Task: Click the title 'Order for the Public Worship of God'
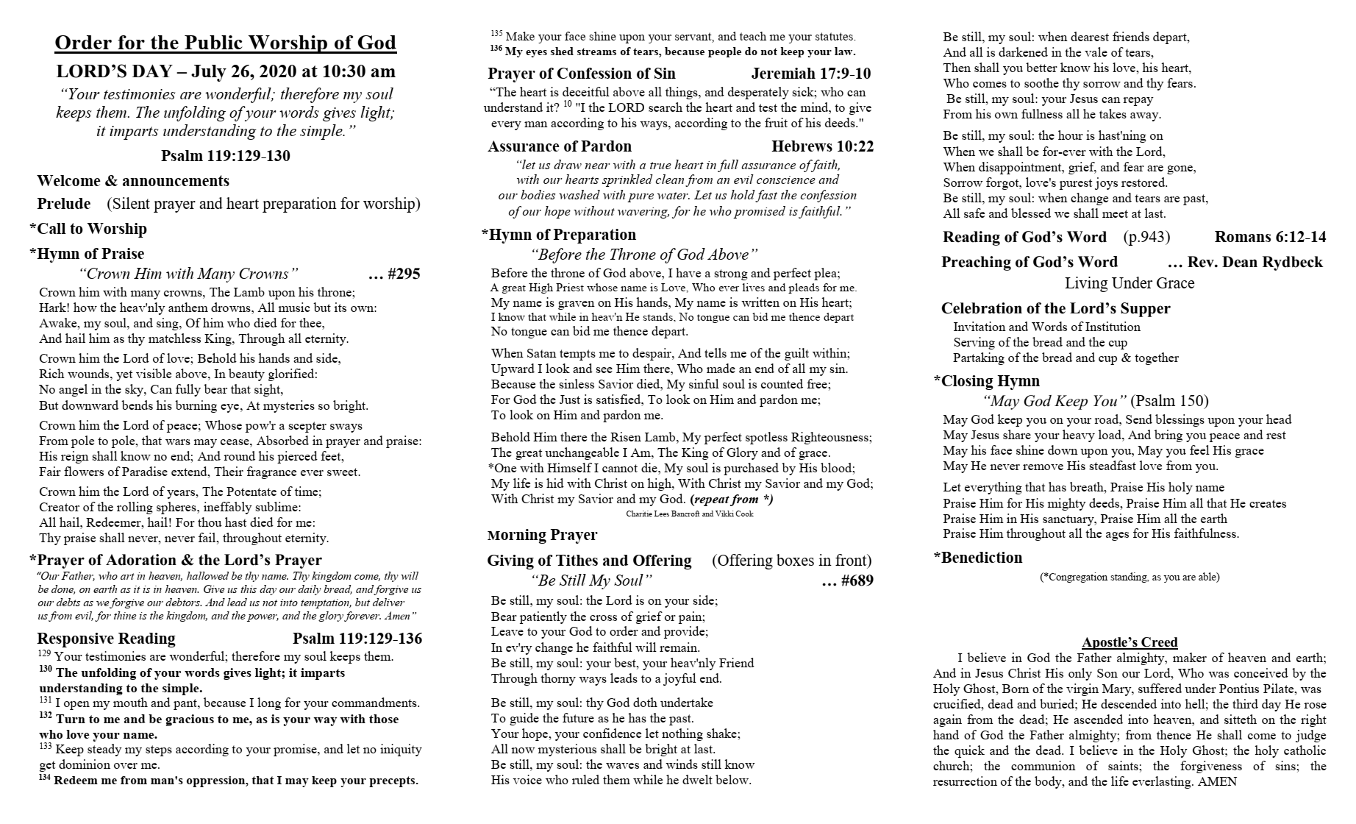click(x=226, y=43)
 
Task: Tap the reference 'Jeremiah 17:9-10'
click(x=810, y=74)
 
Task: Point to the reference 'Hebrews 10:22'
click(x=822, y=146)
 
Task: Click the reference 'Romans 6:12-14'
click(x=1270, y=237)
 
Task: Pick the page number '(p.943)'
click(x=1146, y=237)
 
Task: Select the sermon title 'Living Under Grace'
click(x=1130, y=283)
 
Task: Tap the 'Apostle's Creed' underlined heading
click(x=1130, y=642)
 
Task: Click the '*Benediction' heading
click(x=977, y=558)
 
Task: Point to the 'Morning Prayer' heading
click(x=542, y=535)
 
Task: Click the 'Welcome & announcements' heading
click(x=133, y=181)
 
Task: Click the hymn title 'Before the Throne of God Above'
click(x=643, y=255)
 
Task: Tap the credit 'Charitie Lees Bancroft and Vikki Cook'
click(x=690, y=514)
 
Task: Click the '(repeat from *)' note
click(x=732, y=500)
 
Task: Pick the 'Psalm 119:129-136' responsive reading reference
click(x=357, y=639)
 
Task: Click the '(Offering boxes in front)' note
click(x=791, y=561)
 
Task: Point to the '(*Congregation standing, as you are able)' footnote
click(x=1130, y=577)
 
